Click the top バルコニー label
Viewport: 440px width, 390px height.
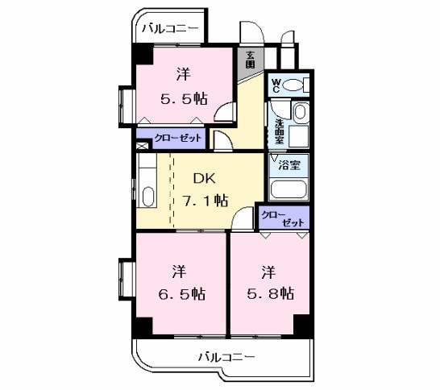[x=171, y=29]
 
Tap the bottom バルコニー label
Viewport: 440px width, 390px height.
[x=226, y=355]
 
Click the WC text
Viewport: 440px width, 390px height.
[x=276, y=84]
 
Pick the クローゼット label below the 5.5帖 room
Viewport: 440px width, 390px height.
[x=172, y=138]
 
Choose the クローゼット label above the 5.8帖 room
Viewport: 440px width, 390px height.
[x=283, y=217]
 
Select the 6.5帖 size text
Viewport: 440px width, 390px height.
[x=181, y=293]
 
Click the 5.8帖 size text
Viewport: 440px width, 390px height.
[x=269, y=293]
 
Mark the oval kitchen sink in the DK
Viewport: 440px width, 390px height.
[x=147, y=196]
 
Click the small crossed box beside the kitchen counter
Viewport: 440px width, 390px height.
[x=142, y=146]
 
